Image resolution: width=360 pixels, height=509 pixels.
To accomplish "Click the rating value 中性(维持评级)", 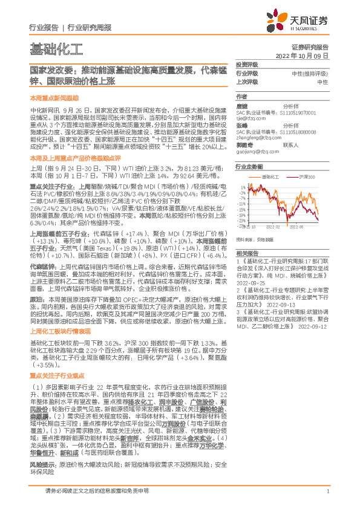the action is (x=310, y=73).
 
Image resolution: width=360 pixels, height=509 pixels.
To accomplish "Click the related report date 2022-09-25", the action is (x=253, y=282).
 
